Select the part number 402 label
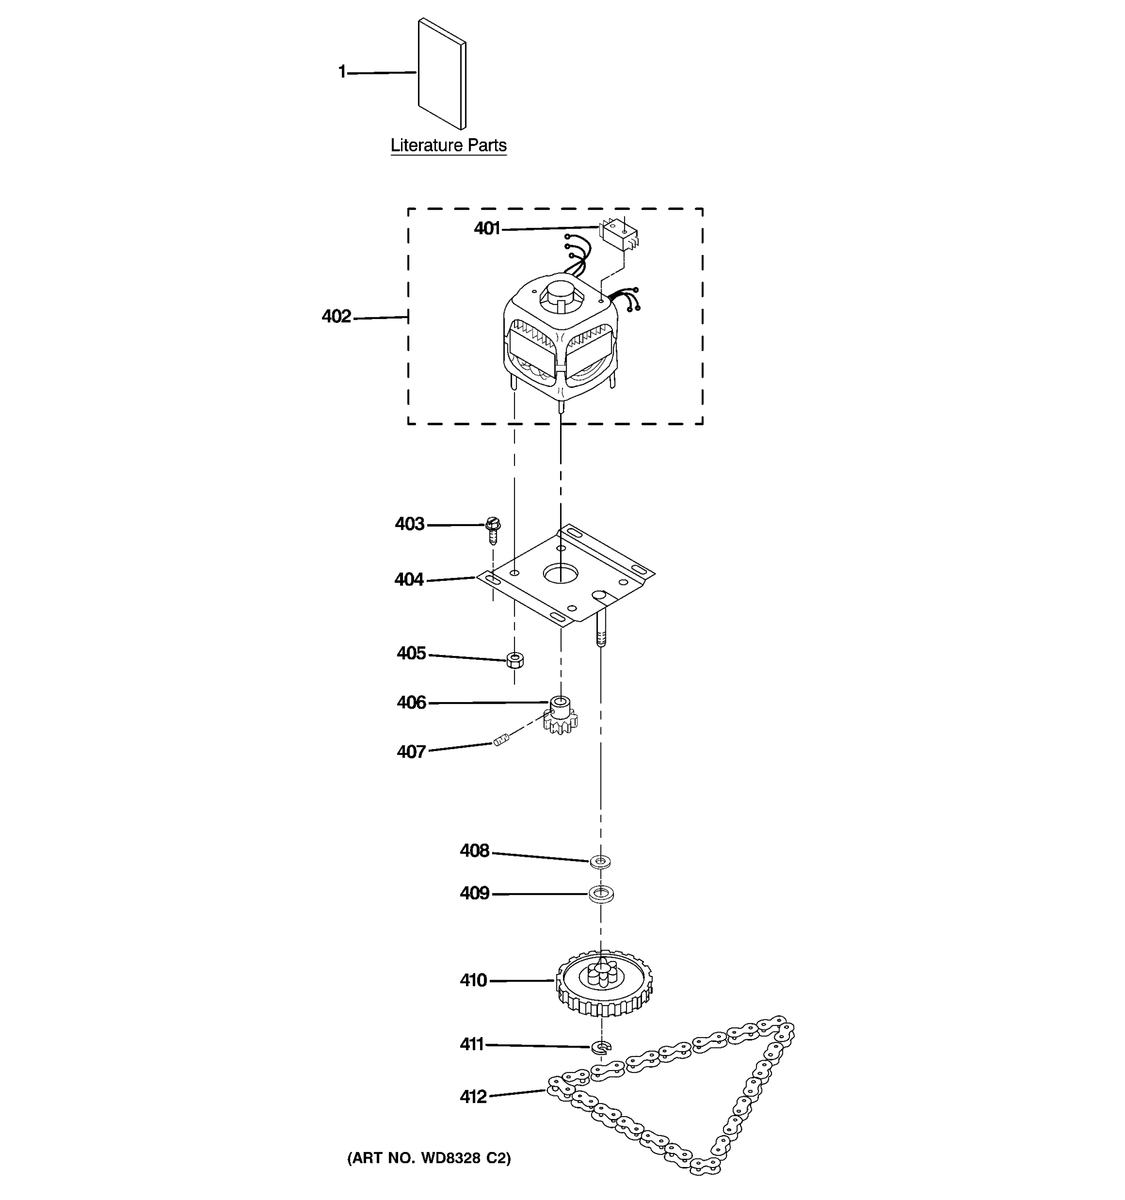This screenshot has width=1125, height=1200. point(336,316)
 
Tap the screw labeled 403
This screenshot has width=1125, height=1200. point(492,529)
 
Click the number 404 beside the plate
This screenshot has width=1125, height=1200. point(408,579)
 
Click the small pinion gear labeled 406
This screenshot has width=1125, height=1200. point(560,716)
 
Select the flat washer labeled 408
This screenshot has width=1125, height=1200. point(600,861)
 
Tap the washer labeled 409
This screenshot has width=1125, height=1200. point(600,893)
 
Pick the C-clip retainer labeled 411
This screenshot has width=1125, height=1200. point(601,1046)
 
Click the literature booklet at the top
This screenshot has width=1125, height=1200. point(442,73)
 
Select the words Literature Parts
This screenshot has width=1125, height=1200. point(448,145)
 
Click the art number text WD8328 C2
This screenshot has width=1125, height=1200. point(428,1157)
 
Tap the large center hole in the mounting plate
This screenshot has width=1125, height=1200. point(560,573)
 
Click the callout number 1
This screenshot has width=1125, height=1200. point(342,72)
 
